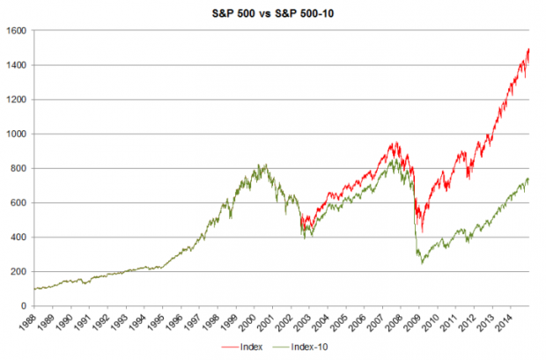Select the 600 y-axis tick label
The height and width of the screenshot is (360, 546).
pos(17,202)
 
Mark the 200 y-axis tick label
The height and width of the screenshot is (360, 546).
pos(17,271)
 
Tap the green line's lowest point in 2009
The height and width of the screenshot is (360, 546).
pos(423,262)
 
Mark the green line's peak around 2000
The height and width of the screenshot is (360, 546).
pos(262,164)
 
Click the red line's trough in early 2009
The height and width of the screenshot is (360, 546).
pos(423,231)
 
